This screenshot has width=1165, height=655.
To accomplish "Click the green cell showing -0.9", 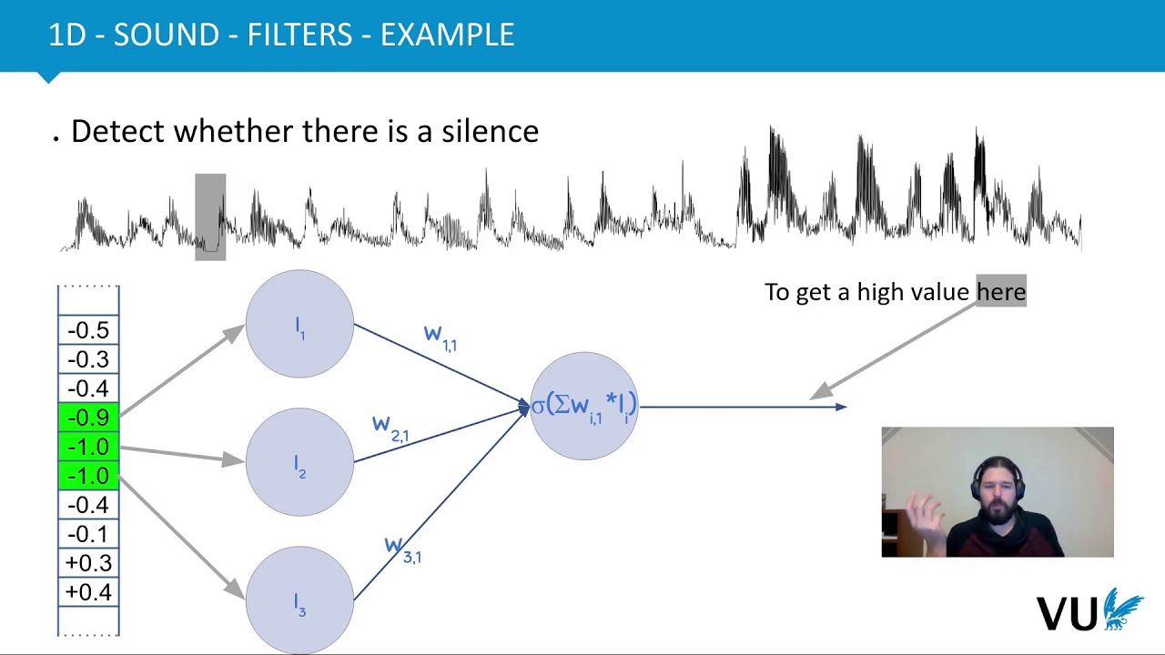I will point(88,418).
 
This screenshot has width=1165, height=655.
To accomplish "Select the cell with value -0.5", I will point(88,330).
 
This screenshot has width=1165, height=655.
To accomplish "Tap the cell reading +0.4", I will point(88,592).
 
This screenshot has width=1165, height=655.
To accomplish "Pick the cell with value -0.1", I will point(88,534).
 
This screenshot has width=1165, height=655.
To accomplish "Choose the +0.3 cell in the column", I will point(88,563).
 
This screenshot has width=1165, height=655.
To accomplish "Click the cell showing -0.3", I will point(88,359).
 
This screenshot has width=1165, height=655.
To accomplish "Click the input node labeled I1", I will point(299,325).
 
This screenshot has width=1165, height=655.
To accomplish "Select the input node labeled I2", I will point(299,463).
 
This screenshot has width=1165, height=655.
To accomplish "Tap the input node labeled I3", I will point(299,600).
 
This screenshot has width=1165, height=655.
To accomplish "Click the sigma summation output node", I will point(583,406).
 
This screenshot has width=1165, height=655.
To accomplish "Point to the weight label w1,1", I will point(441,337).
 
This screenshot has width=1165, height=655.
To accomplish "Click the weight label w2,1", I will point(390,428).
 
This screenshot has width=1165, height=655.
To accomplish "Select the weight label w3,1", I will point(402,549).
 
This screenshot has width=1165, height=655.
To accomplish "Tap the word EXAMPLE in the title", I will point(447,35).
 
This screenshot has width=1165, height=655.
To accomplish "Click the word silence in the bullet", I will point(490,131).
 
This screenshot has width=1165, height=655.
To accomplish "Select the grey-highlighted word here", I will point(1000,292).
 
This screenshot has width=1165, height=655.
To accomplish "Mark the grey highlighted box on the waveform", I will point(210,217).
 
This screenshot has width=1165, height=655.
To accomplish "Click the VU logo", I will point(1089,611).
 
